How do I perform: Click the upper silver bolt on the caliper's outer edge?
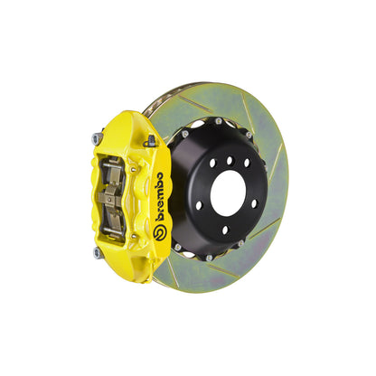96,138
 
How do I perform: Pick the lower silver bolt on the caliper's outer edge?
96,253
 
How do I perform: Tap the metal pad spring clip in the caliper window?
115,197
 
